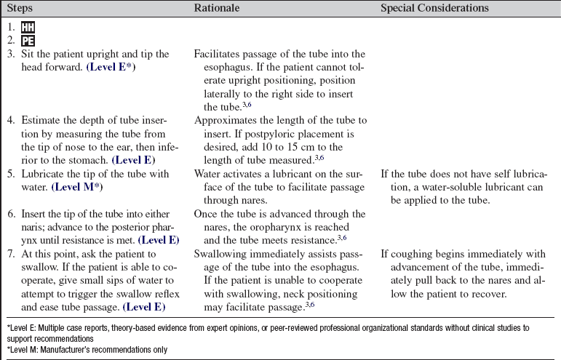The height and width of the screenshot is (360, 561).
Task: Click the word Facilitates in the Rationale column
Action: [218, 55]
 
